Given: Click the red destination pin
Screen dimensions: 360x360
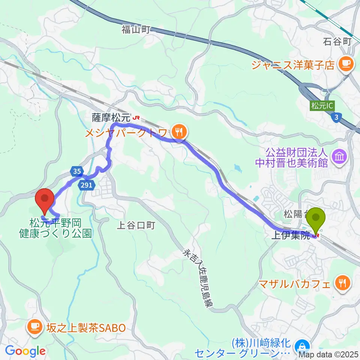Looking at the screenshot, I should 45,201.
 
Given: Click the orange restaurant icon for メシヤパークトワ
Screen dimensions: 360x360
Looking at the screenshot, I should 180,131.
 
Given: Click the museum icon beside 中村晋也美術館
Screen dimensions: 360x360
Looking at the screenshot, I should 340,156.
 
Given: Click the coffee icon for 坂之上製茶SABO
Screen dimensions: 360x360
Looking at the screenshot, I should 36,327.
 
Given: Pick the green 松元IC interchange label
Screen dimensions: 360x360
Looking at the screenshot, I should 322,106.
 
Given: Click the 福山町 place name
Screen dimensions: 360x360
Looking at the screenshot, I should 135,29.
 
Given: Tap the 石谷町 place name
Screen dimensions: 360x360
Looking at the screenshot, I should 336,41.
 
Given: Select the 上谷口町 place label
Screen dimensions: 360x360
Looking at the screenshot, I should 135,225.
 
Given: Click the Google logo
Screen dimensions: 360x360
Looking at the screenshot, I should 25,351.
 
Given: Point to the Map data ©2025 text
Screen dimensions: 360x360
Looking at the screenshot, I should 328,354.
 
